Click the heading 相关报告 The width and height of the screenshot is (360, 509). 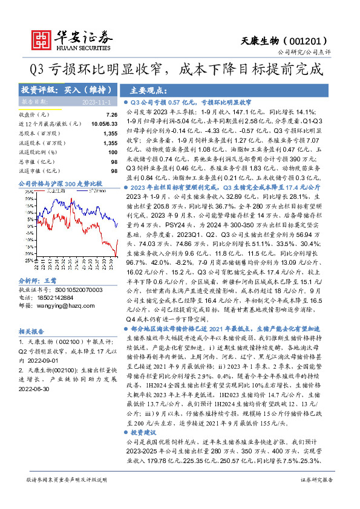point(30,332)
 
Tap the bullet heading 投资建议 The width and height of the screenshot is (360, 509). point(147,433)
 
